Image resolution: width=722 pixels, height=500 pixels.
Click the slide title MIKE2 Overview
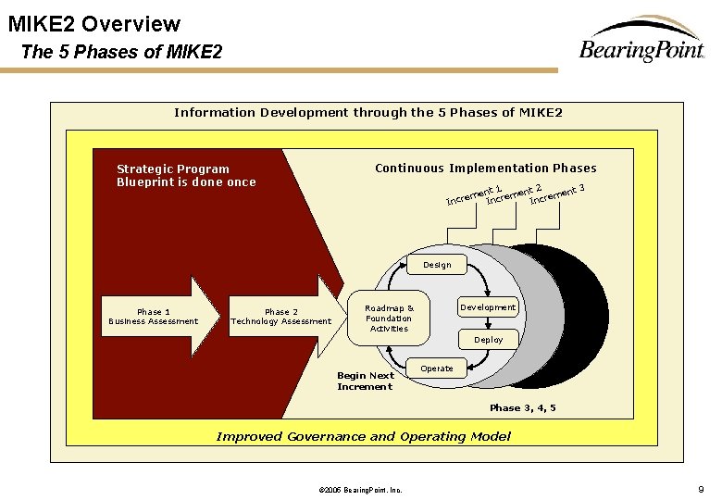(94, 24)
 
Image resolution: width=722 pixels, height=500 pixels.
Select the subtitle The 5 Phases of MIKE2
(121, 52)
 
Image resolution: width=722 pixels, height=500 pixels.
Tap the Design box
(437, 265)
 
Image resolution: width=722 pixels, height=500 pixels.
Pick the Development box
(488, 307)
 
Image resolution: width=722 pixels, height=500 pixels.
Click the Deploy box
(488, 340)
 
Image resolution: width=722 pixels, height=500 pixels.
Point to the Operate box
(437, 369)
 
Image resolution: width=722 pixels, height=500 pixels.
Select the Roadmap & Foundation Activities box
(390, 318)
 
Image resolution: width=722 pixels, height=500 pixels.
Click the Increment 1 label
(473, 194)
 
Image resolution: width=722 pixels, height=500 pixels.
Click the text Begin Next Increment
(366, 381)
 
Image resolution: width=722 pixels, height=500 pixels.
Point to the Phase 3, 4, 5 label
(522, 408)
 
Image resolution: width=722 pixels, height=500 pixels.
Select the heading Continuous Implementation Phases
(485, 169)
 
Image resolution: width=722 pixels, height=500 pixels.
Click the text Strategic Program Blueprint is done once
(186, 175)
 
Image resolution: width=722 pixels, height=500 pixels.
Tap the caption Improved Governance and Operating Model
(363, 436)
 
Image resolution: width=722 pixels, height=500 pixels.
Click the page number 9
(701, 488)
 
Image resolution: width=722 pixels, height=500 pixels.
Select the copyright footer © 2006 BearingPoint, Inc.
(359, 489)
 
